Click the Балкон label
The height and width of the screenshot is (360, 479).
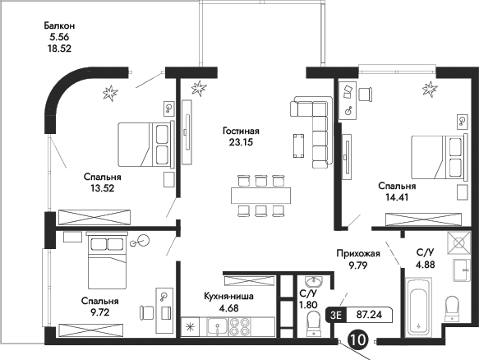(x=60, y=25)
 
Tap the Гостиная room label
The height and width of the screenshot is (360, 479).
(x=241, y=131)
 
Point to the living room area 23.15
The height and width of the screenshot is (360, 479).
(x=241, y=142)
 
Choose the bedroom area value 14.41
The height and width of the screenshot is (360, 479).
(x=394, y=197)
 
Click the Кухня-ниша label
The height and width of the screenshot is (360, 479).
(x=235, y=297)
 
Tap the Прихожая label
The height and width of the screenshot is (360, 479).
(x=357, y=255)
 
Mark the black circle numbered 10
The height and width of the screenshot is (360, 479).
(x=358, y=338)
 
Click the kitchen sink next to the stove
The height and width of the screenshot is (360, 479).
(x=218, y=326)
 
